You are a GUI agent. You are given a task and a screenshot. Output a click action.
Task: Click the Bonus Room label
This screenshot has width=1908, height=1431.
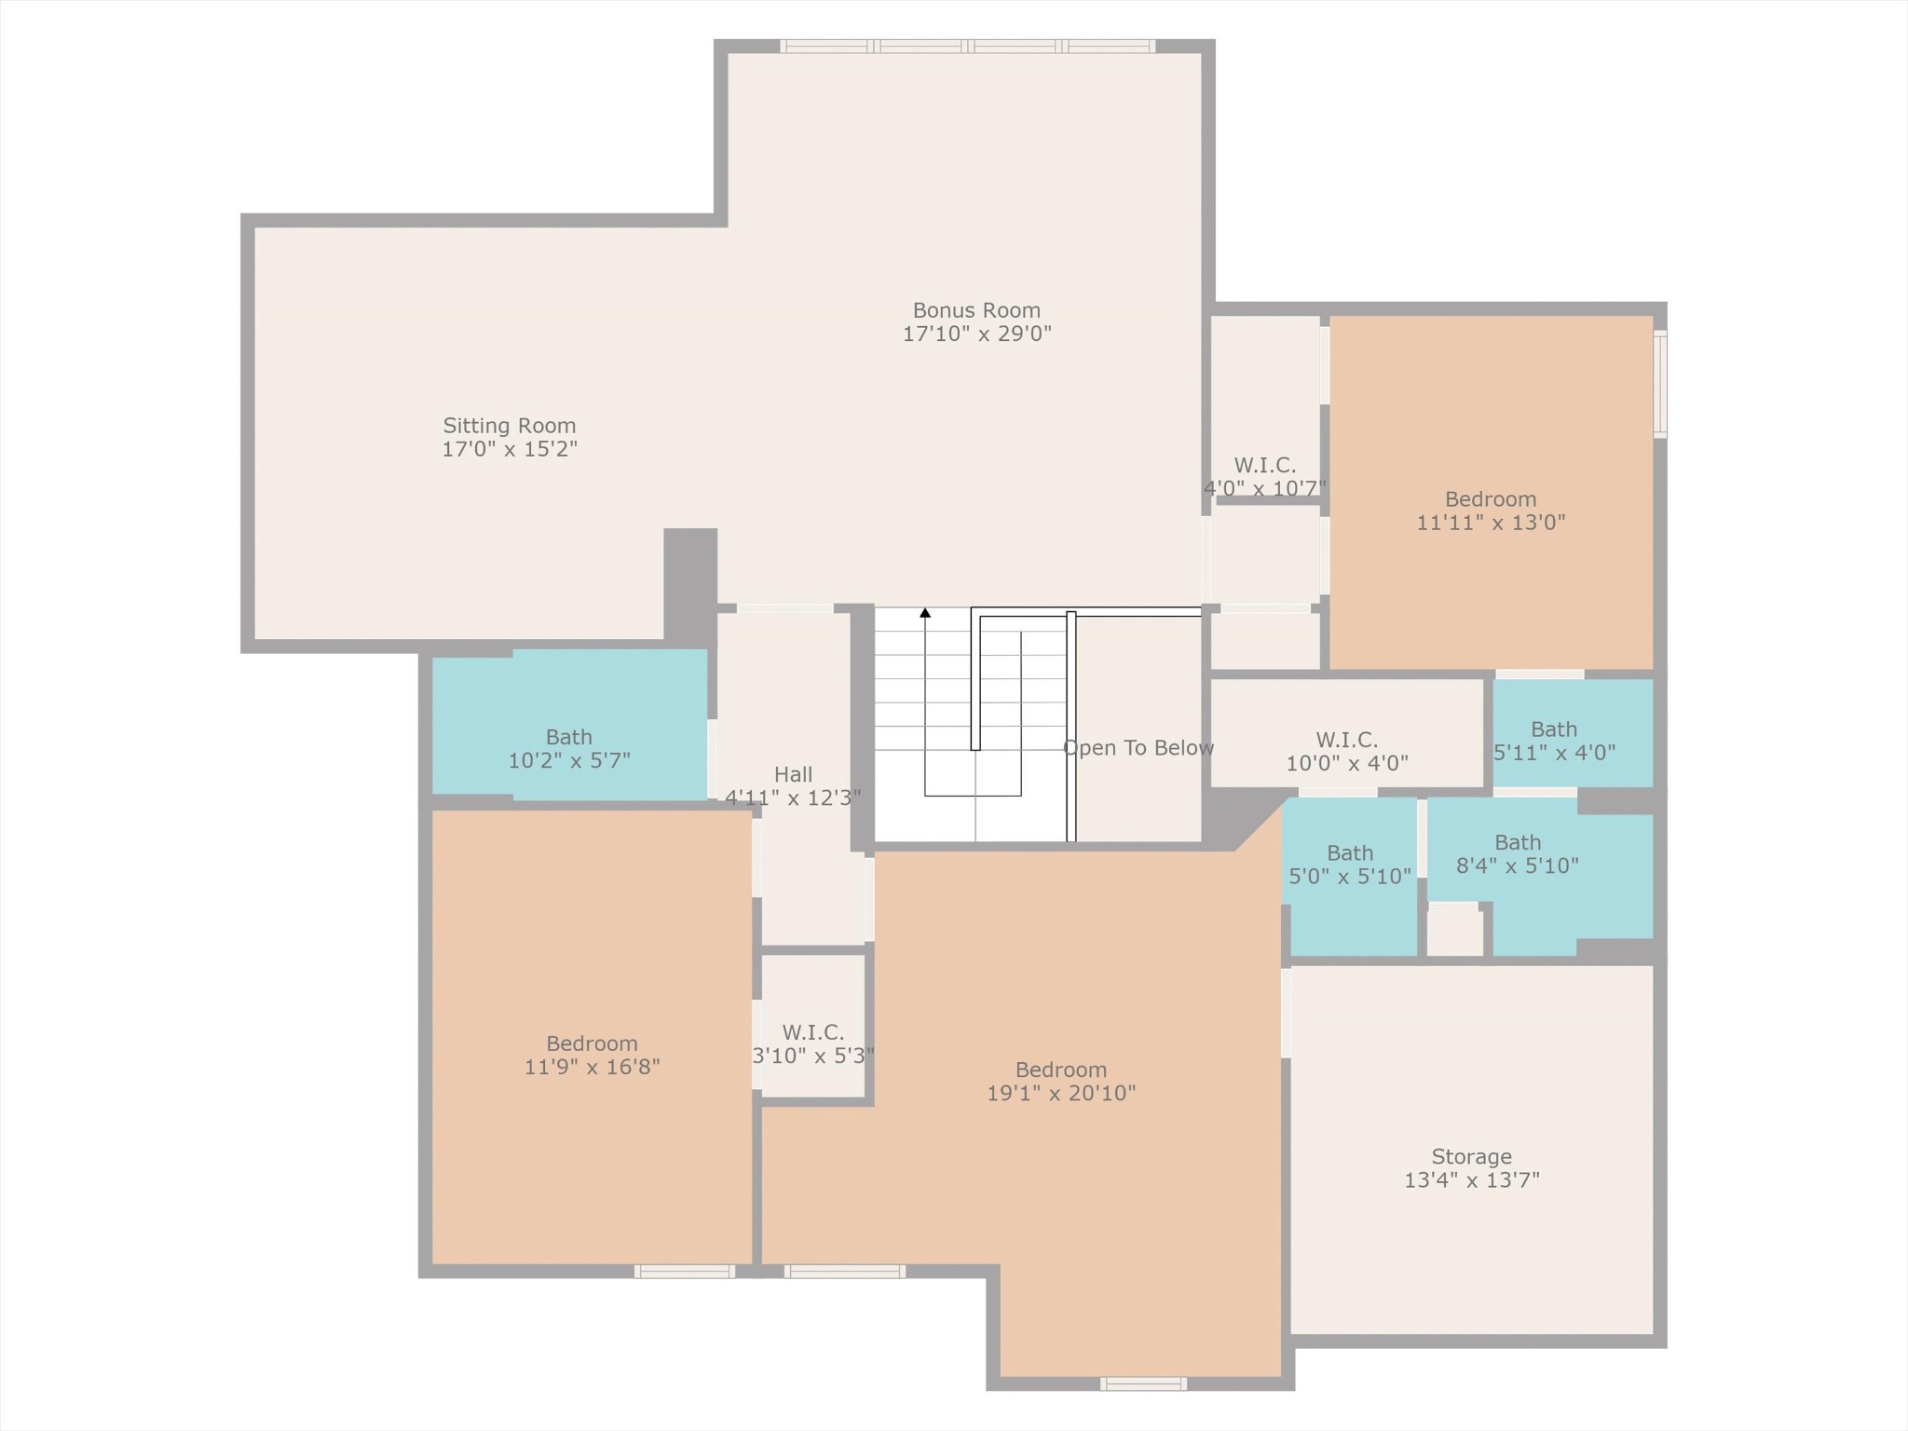976,310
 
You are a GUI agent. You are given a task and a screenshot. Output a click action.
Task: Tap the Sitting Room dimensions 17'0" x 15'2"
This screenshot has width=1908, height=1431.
510,449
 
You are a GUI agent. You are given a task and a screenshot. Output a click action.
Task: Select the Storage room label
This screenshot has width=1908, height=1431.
1471,1157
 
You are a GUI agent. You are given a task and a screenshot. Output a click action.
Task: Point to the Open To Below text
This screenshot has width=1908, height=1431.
1138,748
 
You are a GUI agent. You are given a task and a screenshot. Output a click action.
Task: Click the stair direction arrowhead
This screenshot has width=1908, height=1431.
925,613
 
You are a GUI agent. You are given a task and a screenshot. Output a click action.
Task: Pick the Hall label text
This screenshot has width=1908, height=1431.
793,775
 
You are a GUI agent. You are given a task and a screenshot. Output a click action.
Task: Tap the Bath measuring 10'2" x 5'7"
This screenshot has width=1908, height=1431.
569,749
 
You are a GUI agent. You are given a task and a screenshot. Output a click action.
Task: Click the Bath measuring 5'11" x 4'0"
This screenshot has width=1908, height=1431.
1554,741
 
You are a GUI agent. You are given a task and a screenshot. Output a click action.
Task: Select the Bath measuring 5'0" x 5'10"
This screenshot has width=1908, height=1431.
1350,865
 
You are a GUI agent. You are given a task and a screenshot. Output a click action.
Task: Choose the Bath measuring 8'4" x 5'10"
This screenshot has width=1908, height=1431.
1518,854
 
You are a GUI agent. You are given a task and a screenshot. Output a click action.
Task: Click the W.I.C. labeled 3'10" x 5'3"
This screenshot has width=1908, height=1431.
813,1044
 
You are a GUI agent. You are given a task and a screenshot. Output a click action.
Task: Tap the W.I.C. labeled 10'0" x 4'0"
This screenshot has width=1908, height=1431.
1347,752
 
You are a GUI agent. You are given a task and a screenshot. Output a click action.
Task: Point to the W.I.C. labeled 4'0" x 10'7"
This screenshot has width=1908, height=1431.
1265,477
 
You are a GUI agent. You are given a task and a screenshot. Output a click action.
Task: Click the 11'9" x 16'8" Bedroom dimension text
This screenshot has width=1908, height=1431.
593,1068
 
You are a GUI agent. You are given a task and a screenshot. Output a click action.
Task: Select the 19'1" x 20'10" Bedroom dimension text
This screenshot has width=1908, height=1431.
1061,1094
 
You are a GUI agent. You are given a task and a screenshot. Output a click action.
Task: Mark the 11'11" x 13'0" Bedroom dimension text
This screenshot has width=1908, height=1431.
1491,524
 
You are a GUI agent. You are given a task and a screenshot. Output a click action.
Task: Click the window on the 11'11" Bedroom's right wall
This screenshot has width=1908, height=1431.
1660,384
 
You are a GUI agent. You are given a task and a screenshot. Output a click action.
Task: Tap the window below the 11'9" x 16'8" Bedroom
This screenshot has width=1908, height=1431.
685,1272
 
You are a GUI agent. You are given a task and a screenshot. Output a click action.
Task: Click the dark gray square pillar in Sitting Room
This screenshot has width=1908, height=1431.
690,585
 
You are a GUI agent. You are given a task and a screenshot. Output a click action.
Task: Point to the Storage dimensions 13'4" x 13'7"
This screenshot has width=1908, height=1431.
1472,1180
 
